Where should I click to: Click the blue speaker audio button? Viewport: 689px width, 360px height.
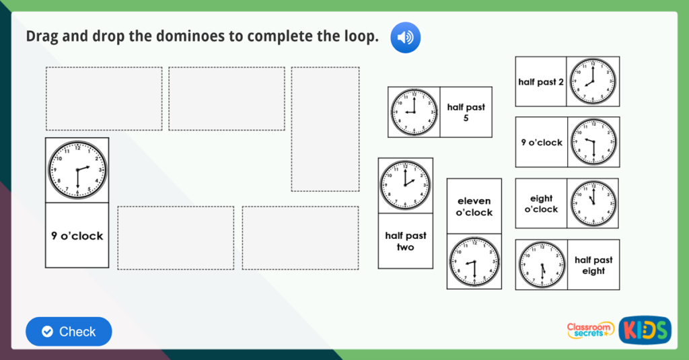coord(405,37)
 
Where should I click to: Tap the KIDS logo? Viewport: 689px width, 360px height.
coord(645,330)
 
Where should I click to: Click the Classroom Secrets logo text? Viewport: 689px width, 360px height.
coord(590,329)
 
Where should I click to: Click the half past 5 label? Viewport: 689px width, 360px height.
coord(466,112)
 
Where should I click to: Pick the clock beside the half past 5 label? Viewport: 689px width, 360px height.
coord(414,112)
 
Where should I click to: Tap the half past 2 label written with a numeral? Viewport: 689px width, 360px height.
coord(541,82)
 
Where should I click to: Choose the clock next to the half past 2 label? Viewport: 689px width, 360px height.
coord(593,81)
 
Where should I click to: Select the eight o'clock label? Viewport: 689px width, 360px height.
coord(541,204)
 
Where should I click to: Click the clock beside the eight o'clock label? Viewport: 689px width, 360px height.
coord(593,204)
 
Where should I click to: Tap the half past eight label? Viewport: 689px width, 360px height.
coord(593,265)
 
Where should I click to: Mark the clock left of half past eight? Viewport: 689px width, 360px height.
coord(542,265)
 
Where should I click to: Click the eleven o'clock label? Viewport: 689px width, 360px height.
coord(474,207)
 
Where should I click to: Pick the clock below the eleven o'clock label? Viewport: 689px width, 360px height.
coord(474,262)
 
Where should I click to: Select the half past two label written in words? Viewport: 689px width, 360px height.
coord(405,241)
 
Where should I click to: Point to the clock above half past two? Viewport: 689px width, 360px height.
coord(405,185)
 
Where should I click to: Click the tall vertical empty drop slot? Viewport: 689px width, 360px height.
coord(325,129)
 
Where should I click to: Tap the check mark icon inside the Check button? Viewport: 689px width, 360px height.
coord(47,332)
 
